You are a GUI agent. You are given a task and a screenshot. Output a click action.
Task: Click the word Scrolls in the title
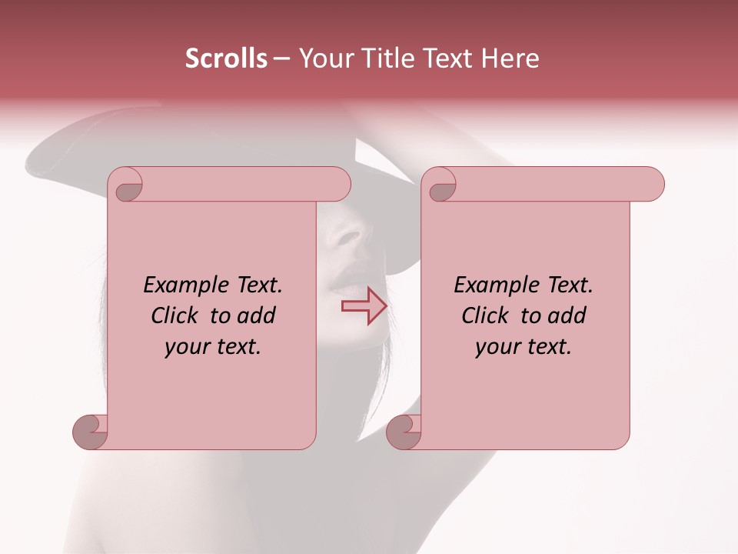pyautogui.click(x=226, y=58)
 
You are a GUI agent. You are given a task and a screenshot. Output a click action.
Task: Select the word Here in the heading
pyautogui.click(x=510, y=58)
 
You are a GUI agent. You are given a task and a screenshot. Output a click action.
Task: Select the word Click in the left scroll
pyautogui.click(x=177, y=315)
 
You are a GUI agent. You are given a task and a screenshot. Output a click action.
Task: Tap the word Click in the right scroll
pyautogui.click(x=487, y=315)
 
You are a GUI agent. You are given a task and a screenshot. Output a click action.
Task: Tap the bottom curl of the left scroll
pyautogui.click(x=90, y=431)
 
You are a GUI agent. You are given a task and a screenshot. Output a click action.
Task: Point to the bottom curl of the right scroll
pyautogui.click(x=404, y=431)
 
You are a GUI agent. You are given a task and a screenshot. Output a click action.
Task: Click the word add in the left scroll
pyautogui.click(x=257, y=315)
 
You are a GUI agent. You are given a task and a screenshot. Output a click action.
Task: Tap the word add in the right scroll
pyautogui.click(x=567, y=315)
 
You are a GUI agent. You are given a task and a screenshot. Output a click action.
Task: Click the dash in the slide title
pyautogui.click(x=281, y=58)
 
